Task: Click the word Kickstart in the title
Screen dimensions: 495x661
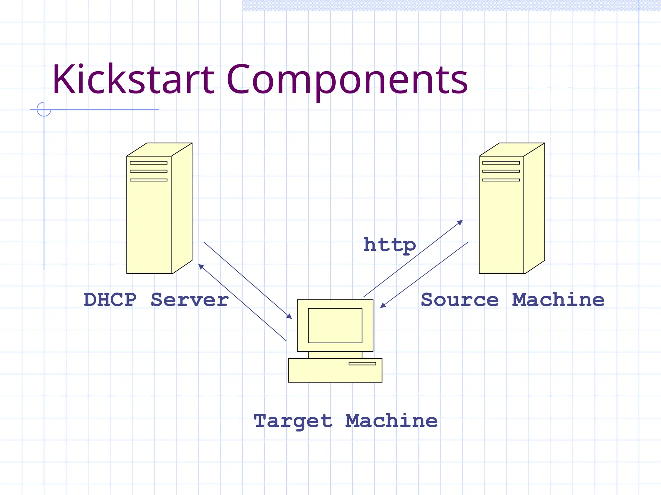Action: pyautogui.click(x=133, y=80)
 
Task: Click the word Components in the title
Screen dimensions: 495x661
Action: pyautogui.click(x=347, y=80)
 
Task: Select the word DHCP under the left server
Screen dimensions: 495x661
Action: pyautogui.click(x=110, y=300)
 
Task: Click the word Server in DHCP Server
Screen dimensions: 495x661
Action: pyautogui.click(x=190, y=300)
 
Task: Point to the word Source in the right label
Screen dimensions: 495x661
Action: pyautogui.click(x=460, y=300)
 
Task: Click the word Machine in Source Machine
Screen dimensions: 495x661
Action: pyautogui.click(x=558, y=300)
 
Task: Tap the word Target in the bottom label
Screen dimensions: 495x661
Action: pyautogui.click(x=293, y=421)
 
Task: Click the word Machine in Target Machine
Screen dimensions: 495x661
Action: pyautogui.click(x=391, y=421)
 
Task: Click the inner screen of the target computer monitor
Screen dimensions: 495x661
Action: pyautogui.click(x=335, y=325)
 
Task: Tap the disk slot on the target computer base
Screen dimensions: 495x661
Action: pyautogui.click(x=362, y=364)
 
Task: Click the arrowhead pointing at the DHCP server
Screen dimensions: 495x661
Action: pyautogui.click(x=200, y=266)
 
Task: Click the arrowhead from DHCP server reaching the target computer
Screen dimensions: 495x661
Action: pyautogui.click(x=290, y=317)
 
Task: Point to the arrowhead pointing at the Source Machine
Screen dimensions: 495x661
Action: pyautogui.click(x=461, y=222)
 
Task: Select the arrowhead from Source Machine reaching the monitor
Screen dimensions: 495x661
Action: pyautogui.click(x=382, y=306)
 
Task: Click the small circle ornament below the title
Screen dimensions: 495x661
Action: pyautogui.click(x=44, y=109)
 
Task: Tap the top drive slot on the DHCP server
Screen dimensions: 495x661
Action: pyautogui.click(x=148, y=163)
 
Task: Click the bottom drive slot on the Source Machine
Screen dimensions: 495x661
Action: pyautogui.click(x=501, y=180)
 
